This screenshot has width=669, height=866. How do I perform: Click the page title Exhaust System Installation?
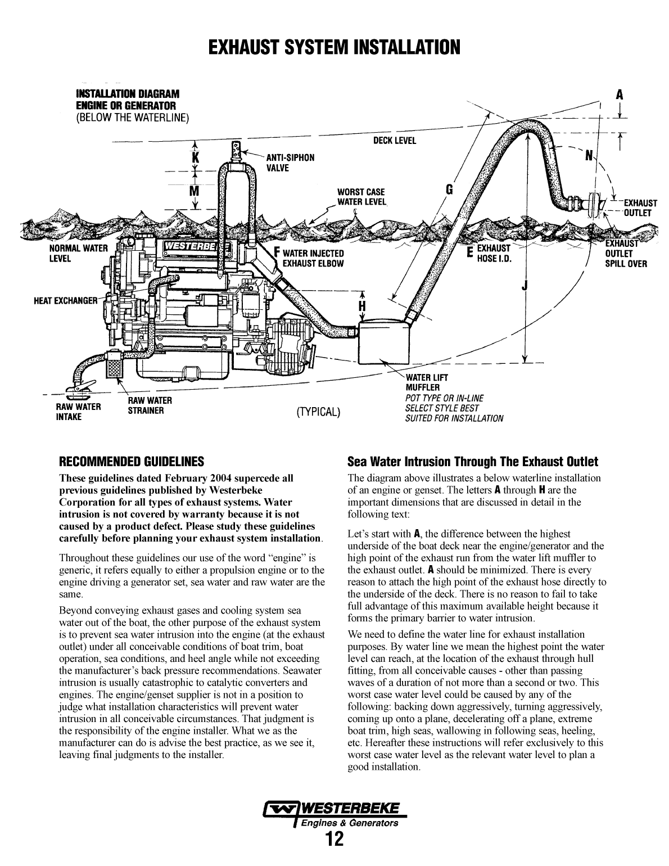[x=334, y=47]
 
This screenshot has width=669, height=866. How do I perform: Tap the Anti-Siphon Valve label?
[x=290, y=163]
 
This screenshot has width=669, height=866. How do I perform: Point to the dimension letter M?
[x=195, y=191]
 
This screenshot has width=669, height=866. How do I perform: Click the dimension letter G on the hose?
[x=449, y=189]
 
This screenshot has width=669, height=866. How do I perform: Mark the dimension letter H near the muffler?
[x=362, y=306]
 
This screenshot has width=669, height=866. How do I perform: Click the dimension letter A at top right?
[x=619, y=95]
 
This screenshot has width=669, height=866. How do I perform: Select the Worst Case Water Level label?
[x=361, y=197]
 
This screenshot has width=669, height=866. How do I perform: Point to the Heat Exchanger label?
[x=66, y=300]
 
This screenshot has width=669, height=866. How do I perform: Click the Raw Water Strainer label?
[x=150, y=405]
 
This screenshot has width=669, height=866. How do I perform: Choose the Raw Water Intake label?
[x=78, y=412]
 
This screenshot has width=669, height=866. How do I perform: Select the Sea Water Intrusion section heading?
[x=472, y=462]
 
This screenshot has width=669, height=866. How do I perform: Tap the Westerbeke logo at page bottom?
[x=334, y=813]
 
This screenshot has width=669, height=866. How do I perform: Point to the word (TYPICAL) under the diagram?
[x=319, y=412]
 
